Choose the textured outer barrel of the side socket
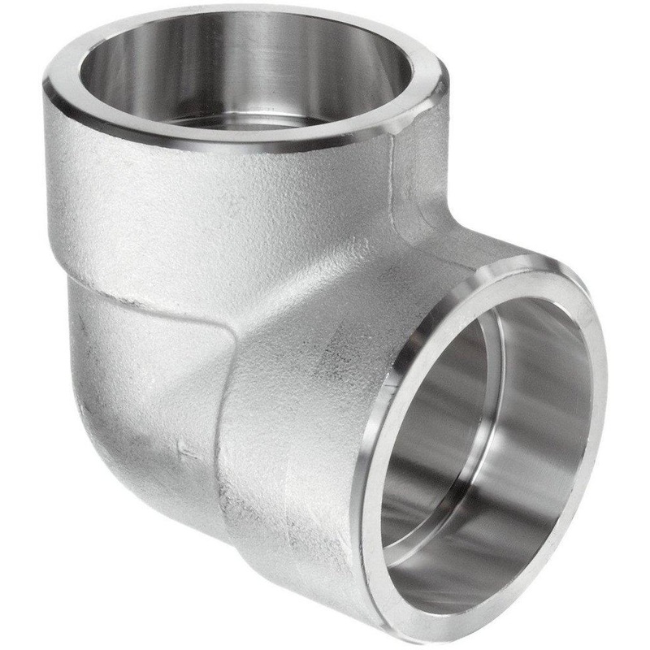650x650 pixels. (309, 406)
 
